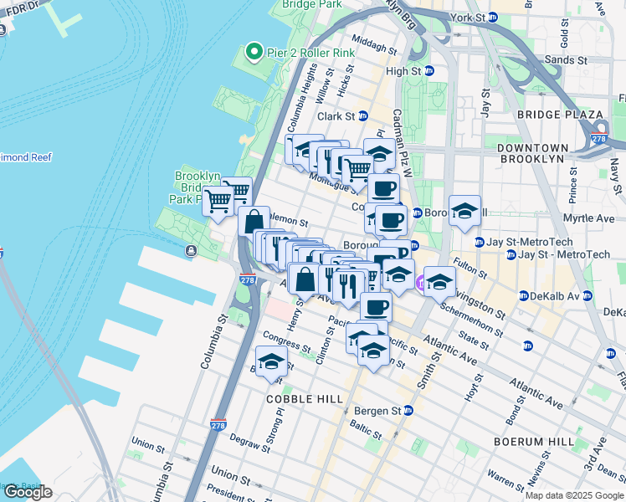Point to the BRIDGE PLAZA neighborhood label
560,115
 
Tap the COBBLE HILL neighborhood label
305,399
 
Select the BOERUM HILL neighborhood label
545,441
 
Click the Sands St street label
566,61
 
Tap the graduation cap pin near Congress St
270,361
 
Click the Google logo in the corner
27,492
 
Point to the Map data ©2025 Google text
574,495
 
